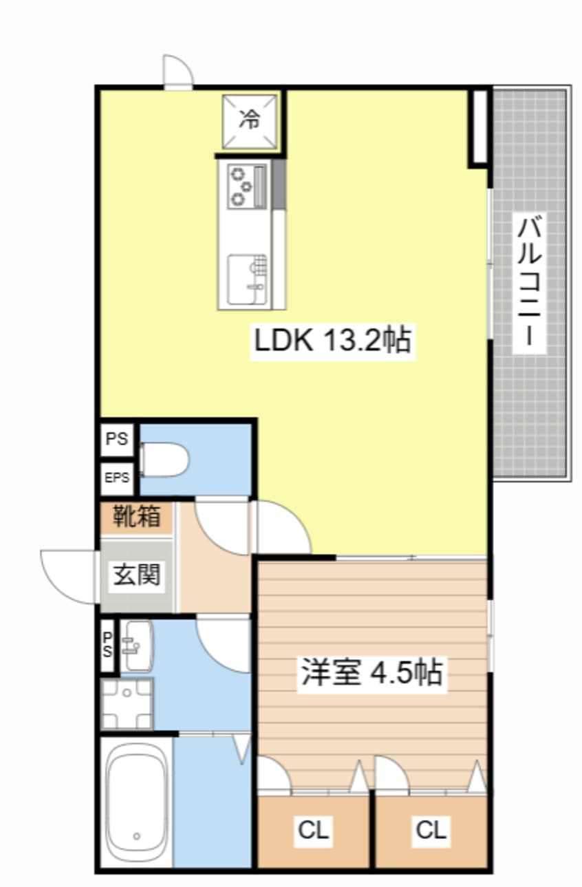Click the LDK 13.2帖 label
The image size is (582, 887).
[333, 340]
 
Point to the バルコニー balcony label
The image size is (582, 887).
[530, 283]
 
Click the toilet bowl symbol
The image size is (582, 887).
[164, 459]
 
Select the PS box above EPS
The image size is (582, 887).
[118, 439]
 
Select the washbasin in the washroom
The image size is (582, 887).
[137, 645]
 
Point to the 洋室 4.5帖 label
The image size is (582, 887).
[371, 673]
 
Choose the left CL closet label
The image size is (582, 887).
[314, 831]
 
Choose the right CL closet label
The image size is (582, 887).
[431, 831]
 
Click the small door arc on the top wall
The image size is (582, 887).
[177, 71]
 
